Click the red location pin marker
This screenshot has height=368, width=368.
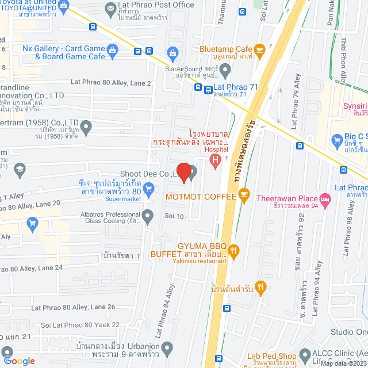point(183,172)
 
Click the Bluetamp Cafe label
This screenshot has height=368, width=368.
point(226,49)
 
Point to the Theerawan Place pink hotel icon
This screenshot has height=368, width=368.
point(325,199)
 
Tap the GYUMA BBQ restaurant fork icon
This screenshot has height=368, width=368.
point(234,250)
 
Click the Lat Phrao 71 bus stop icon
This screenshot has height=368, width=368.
point(198,88)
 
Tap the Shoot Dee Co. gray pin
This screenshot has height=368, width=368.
point(193,171)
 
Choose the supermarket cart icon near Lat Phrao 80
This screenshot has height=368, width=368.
point(148,187)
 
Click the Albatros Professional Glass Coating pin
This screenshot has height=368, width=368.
point(148,217)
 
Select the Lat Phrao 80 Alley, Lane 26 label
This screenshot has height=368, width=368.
point(78,306)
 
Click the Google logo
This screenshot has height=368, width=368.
point(18,361)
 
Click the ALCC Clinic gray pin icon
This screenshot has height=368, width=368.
point(300,354)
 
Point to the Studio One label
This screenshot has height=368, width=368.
point(349,332)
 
